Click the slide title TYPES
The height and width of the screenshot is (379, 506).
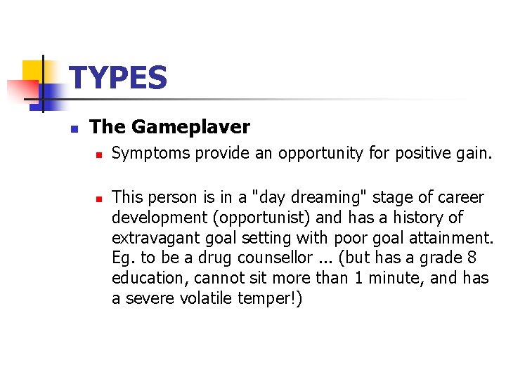click(x=119, y=78)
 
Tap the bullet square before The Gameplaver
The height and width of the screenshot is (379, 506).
click(x=74, y=128)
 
